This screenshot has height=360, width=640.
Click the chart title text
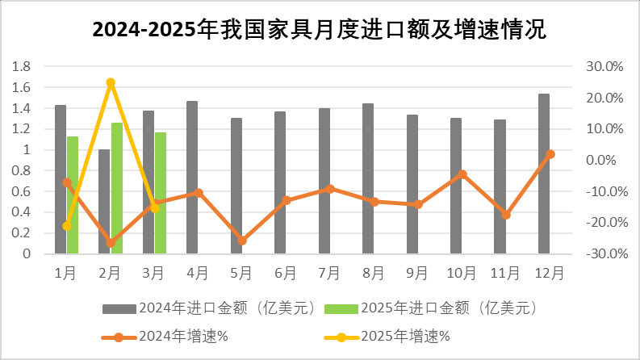[x=320, y=31]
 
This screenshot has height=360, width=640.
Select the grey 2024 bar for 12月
[x=544, y=174]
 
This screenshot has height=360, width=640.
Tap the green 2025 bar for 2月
[x=116, y=188]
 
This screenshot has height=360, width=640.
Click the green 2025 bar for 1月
[x=73, y=195]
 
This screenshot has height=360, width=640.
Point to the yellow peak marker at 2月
[x=111, y=82]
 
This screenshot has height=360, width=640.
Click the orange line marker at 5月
[x=242, y=241]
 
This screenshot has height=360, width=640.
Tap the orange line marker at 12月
[x=550, y=154]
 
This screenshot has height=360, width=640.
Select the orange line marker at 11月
[x=506, y=215]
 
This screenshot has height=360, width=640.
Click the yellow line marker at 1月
[x=67, y=226]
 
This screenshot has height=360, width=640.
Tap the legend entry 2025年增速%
[x=404, y=336]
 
